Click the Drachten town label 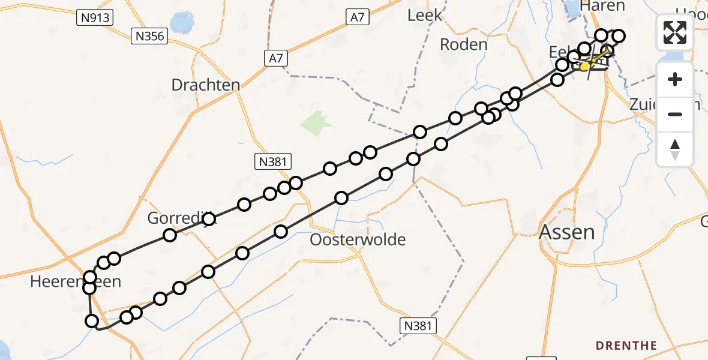tap(205, 85)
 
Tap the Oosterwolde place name tap(358, 240)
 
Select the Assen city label tap(567, 232)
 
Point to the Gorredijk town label tap(180, 219)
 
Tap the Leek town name tap(424, 16)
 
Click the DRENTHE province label tap(626, 346)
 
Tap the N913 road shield tap(95, 18)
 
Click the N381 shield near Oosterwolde tap(273, 161)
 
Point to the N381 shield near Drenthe tap(418, 326)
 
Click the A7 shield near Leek tap(357, 18)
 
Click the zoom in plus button tap(675, 80)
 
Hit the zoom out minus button tap(675, 114)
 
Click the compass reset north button tap(675, 149)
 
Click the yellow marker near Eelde tap(584, 66)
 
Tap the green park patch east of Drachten tap(316, 123)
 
